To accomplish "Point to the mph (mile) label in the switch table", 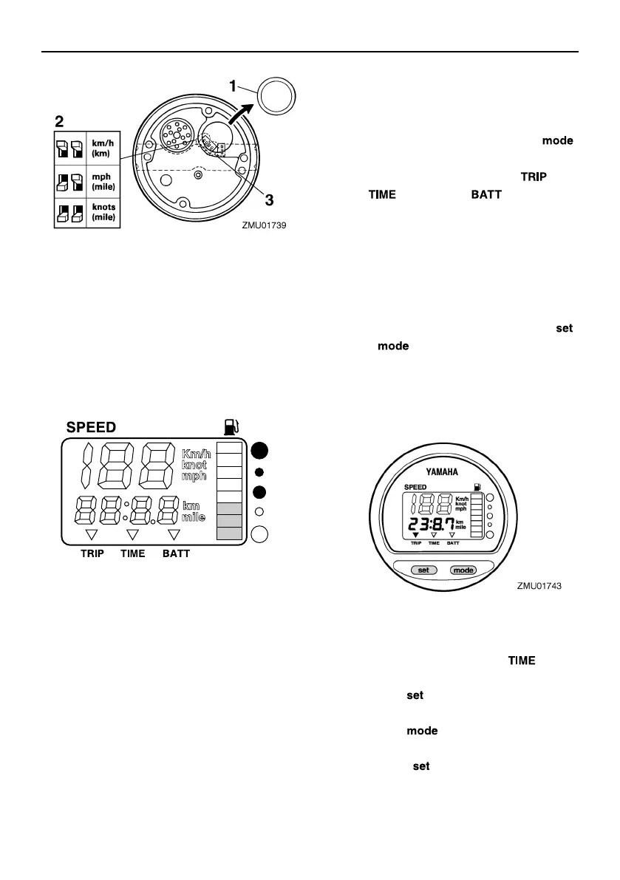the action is (101, 182).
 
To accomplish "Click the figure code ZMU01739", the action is (264, 227).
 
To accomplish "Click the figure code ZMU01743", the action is (540, 585).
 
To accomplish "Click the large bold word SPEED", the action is (91, 427).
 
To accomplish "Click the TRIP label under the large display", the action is (92, 553).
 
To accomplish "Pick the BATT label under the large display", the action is (176, 553).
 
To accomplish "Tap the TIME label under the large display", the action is (133, 553).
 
